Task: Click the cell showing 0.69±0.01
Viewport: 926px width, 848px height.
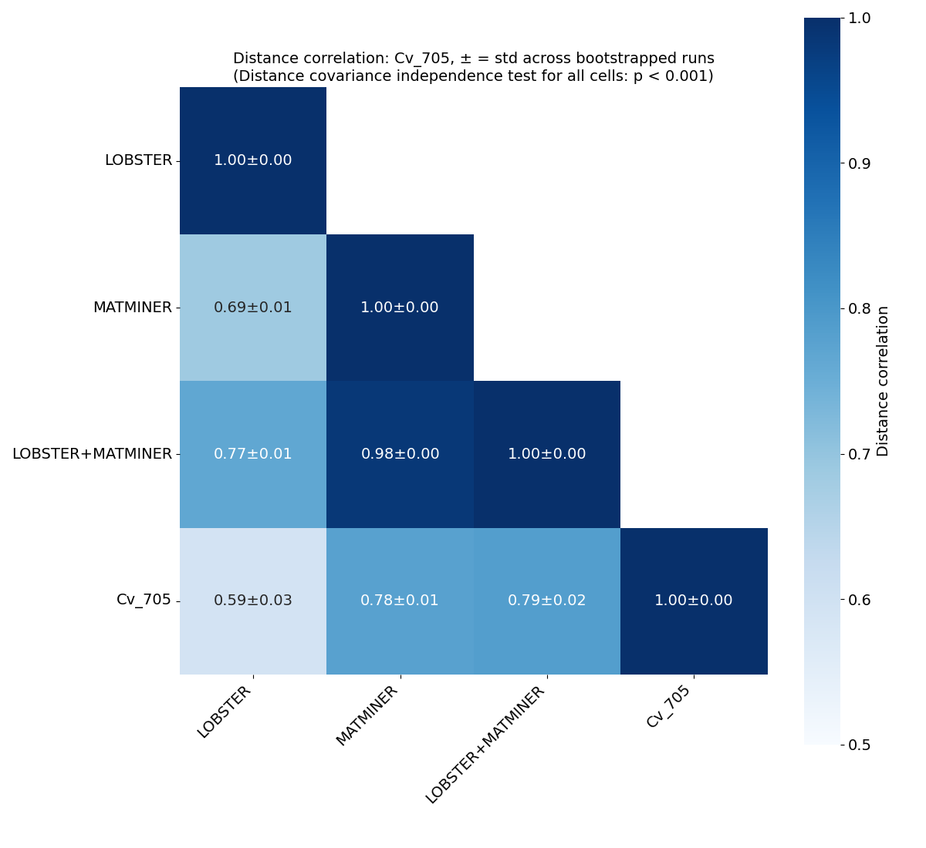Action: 253,308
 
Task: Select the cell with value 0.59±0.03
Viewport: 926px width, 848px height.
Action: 253,601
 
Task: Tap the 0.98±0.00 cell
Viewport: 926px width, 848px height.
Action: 400,454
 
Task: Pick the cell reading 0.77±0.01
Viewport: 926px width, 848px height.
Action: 253,454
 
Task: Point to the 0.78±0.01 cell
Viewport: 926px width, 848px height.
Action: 400,601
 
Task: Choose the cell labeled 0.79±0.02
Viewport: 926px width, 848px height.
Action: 546,601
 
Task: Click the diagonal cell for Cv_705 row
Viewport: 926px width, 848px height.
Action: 693,601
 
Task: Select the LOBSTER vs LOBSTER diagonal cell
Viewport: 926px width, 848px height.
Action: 253,160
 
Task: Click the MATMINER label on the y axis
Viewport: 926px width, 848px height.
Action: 132,308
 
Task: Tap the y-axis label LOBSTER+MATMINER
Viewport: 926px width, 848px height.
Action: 92,454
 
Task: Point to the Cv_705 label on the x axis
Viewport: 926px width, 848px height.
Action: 668,707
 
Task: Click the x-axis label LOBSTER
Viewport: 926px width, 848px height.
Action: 225,712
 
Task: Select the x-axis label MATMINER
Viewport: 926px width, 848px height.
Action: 367,716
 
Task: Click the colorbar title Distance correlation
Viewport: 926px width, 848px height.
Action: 884,381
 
